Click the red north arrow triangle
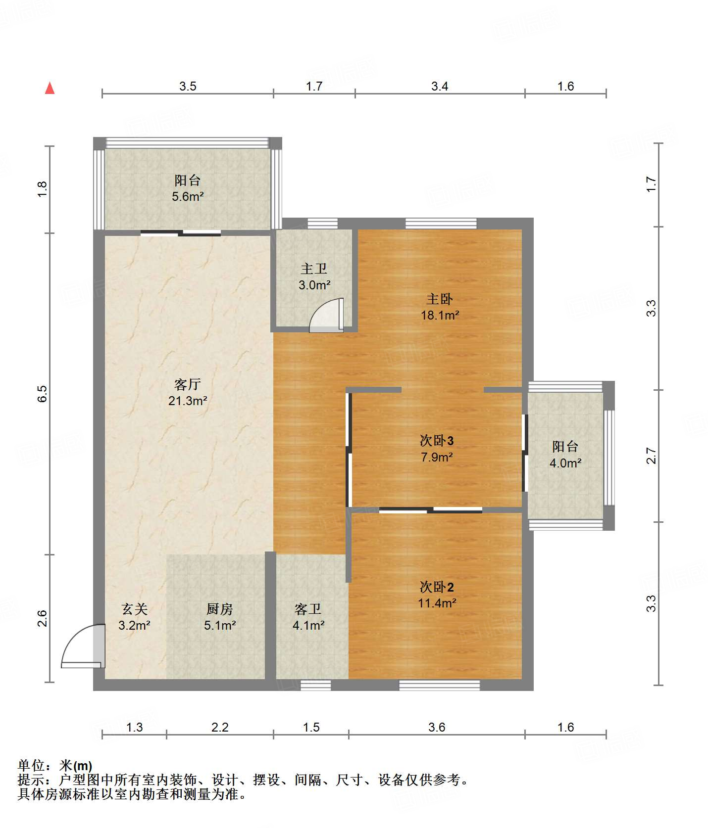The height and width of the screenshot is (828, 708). pyautogui.click(x=50, y=88)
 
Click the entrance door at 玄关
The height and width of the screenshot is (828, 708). pyautogui.click(x=83, y=646)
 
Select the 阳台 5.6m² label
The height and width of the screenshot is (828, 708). pyautogui.click(x=188, y=188)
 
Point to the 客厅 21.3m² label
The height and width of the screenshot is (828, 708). pyautogui.click(x=188, y=392)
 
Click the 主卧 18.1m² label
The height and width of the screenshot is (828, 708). pyautogui.click(x=440, y=307)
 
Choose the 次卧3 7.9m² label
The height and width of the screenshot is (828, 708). pyautogui.click(x=437, y=449)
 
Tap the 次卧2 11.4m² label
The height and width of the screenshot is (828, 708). pyautogui.click(x=437, y=595)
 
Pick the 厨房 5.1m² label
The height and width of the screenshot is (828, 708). pyautogui.click(x=220, y=617)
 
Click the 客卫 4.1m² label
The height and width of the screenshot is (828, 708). pyautogui.click(x=308, y=617)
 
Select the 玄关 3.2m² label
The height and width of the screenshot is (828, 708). pyautogui.click(x=134, y=617)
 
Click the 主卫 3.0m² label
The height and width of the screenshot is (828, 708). pyautogui.click(x=314, y=277)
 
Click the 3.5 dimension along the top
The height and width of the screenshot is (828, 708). pyautogui.click(x=188, y=87)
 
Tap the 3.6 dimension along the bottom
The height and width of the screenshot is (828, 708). pyautogui.click(x=437, y=727)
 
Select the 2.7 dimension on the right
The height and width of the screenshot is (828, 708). pyautogui.click(x=651, y=456)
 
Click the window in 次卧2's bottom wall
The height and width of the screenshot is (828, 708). pyautogui.click(x=440, y=685)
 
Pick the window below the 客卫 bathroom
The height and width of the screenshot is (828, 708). pyautogui.click(x=316, y=685)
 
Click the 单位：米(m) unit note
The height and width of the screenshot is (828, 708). pyautogui.click(x=55, y=766)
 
